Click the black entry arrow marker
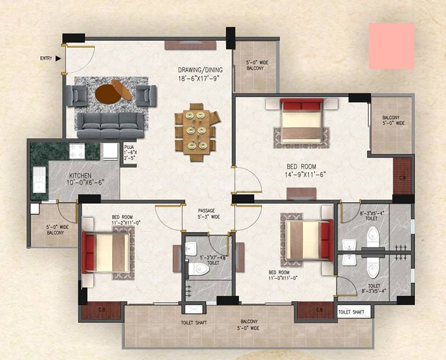pyautogui.click(x=58, y=58)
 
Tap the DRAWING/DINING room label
pyautogui.click(x=200, y=73)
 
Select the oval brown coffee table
pyautogui.click(x=114, y=92)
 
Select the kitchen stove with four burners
pyautogui.click(x=78, y=151)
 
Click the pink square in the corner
pyautogui.click(x=391, y=46)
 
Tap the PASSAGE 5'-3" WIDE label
pyautogui.click(x=208, y=214)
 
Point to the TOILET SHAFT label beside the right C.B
pyautogui.click(x=354, y=312)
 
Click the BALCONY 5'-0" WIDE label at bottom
pyautogui.click(x=248, y=325)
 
